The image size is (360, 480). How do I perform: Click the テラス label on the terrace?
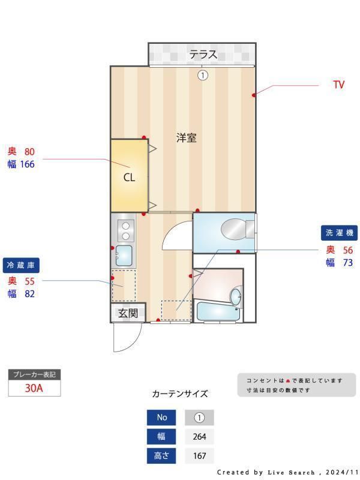click(203, 55)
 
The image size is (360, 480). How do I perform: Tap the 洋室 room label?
click(186, 137)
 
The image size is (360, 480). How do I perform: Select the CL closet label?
click(129, 178)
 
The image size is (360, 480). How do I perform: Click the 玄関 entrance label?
click(128, 313)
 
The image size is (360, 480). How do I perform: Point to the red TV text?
click(339, 85)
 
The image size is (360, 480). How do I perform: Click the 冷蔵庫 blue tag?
click(21, 265)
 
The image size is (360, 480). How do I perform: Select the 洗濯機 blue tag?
click(340, 233)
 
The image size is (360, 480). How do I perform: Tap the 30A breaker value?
click(34, 388)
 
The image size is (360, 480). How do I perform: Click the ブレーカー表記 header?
click(34, 374)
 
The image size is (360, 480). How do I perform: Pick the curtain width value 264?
click(199, 437)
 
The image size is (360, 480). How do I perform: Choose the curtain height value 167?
click(199, 456)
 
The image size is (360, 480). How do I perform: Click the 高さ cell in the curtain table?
click(162, 456)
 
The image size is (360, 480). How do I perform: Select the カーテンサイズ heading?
click(180, 394)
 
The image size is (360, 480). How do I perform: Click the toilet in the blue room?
click(235, 229)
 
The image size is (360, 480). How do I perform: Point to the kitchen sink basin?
click(124, 255)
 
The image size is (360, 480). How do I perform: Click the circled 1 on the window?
click(203, 75)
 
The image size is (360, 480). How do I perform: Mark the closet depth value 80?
click(29, 152)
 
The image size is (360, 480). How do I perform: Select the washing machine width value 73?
click(348, 263)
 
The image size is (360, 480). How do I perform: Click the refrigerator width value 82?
click(29, 293)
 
